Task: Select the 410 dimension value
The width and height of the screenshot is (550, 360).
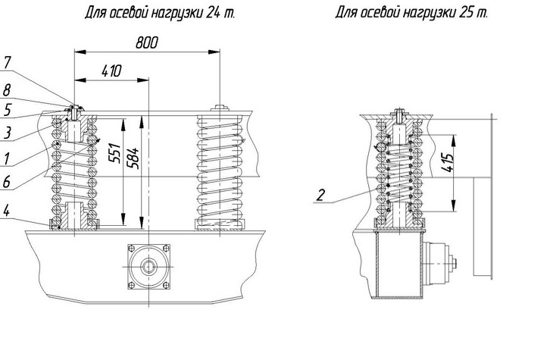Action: point(111,71)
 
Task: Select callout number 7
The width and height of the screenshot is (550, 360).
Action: point(7,61)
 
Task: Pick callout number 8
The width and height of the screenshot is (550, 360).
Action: point(7,89)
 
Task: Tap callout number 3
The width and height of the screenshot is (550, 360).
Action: point(7,133)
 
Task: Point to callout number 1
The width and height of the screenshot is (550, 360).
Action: point(7,160)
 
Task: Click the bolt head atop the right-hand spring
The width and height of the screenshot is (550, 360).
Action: point(219,108)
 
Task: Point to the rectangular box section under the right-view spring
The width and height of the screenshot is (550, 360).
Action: point(397,266)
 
